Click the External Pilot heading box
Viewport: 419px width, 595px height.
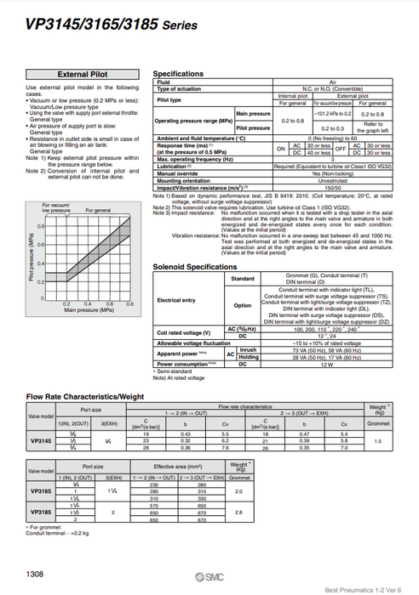[x=80, y=74]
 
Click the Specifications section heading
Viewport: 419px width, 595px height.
[x=178, y=74]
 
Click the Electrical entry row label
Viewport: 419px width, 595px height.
[x=175, y=300]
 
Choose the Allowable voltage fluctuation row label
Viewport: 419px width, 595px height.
[x=190, y=343]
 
